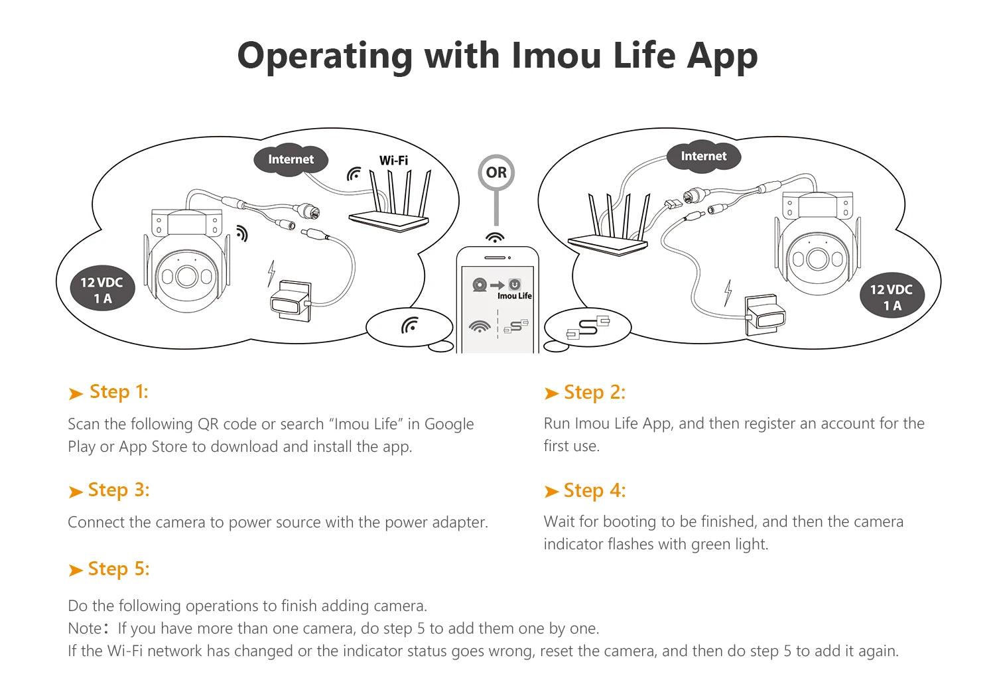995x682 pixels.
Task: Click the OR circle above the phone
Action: click(496, 172)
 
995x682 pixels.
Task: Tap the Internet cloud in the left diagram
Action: click(291, 159)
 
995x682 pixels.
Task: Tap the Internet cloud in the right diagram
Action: click(703, 157)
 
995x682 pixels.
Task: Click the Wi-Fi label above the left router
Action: click(393, 161)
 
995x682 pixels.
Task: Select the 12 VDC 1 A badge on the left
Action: click(101, 290)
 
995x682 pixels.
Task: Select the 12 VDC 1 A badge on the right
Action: click(891, 297)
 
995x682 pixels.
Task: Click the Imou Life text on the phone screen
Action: click(515, 296)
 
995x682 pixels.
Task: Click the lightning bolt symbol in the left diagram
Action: click(271, 273)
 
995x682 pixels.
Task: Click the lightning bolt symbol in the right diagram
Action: click(728, 292)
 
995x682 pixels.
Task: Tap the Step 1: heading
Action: click(119, 392)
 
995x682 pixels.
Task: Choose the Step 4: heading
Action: click(594, 491)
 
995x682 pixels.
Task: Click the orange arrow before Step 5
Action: click(76, 571)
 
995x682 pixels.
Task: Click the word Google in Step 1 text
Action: click(449, 424)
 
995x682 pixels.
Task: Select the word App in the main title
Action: click(722, 56)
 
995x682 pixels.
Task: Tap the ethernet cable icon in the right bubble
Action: click(588, 327)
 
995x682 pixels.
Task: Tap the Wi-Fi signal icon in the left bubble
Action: click(410, 325)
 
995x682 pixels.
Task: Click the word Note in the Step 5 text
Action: click(84, 628)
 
